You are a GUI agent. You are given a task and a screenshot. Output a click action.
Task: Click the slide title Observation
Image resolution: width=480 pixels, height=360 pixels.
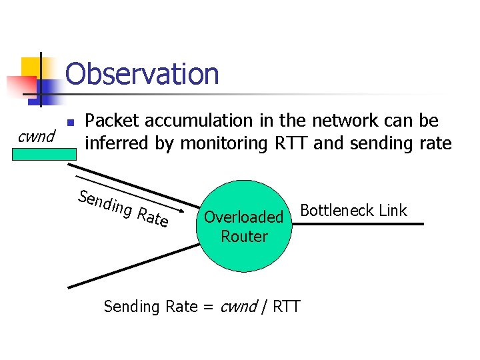point(142,73)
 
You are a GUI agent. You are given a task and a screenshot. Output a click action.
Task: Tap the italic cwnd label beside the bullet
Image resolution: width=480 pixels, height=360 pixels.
point(36,137)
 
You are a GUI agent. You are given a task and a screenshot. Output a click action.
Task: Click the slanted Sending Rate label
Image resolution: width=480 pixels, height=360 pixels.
point(123,208)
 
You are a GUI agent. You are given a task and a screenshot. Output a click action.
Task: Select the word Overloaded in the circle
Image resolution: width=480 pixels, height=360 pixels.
point(243,217)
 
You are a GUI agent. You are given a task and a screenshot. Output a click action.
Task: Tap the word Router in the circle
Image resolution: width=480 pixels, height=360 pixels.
point(244,236)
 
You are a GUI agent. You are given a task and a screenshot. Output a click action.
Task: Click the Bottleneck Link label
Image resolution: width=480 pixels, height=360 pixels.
point(353,211)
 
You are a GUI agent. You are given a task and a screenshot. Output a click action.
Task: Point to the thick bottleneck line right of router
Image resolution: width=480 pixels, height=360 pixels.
point(360,224)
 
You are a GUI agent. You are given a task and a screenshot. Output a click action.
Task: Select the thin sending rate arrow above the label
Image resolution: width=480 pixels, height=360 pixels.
point(133,193)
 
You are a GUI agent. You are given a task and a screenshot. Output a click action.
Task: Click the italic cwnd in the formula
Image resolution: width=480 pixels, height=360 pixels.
point(238,307)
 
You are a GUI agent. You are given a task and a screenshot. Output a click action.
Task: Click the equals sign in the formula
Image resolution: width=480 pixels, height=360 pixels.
point(207,307)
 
